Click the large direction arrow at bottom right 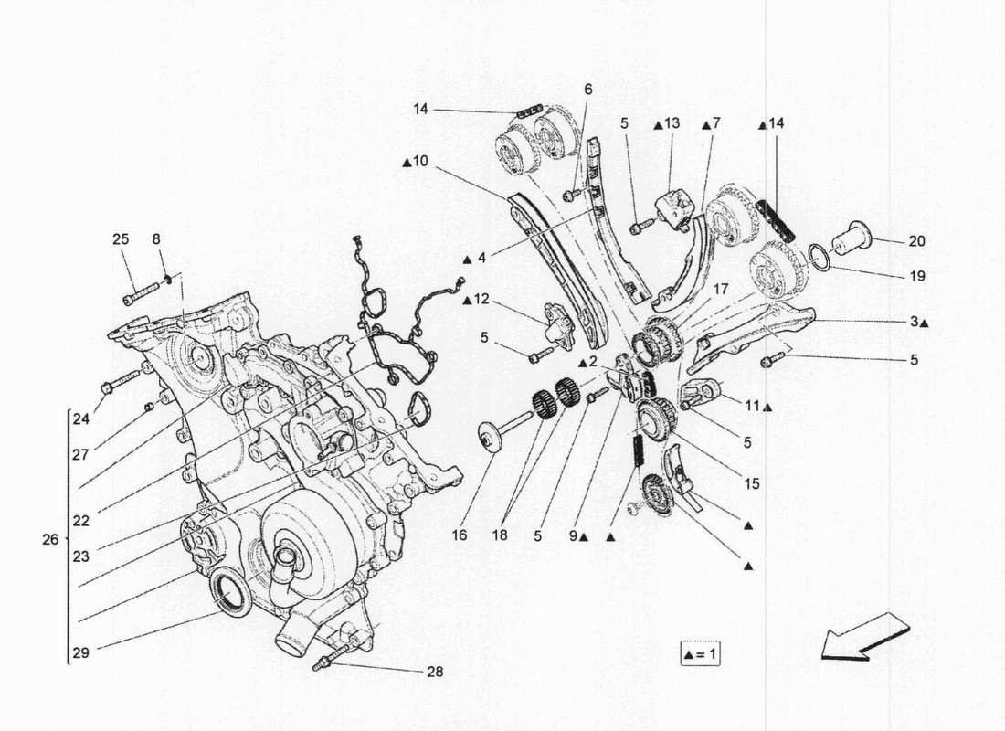coord(863,637)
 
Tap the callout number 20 coord(916,242)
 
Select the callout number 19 coord(916,275)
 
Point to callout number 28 coord(434,672)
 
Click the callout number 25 coord(121,239)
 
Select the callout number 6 coord(587,89)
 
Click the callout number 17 coord(721,289)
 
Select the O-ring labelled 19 coord(816,255)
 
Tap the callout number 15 coord(750,483)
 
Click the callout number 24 coord(80,420)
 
